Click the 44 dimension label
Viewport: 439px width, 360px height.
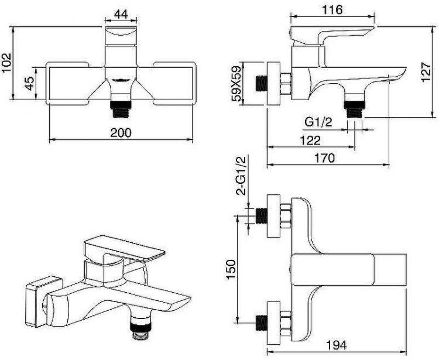pyautogui.click(x=121, y=13)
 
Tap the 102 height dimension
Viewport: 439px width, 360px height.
pyautogui.click(x=6, y=63)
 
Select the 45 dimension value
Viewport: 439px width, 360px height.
pyautogui.click(x=29, y=84)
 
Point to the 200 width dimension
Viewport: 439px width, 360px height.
pyautogui.click(x=121, y=132)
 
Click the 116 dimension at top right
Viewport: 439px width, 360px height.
pyautogui.click(x=332, y=10)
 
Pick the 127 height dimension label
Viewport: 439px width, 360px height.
pyautogui.click(x=426, y=72)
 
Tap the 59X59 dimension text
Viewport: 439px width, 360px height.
pyautogui.click(x=236, y=84)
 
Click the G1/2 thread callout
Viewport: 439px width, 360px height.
pyautogui.click(x=318, y=122)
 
